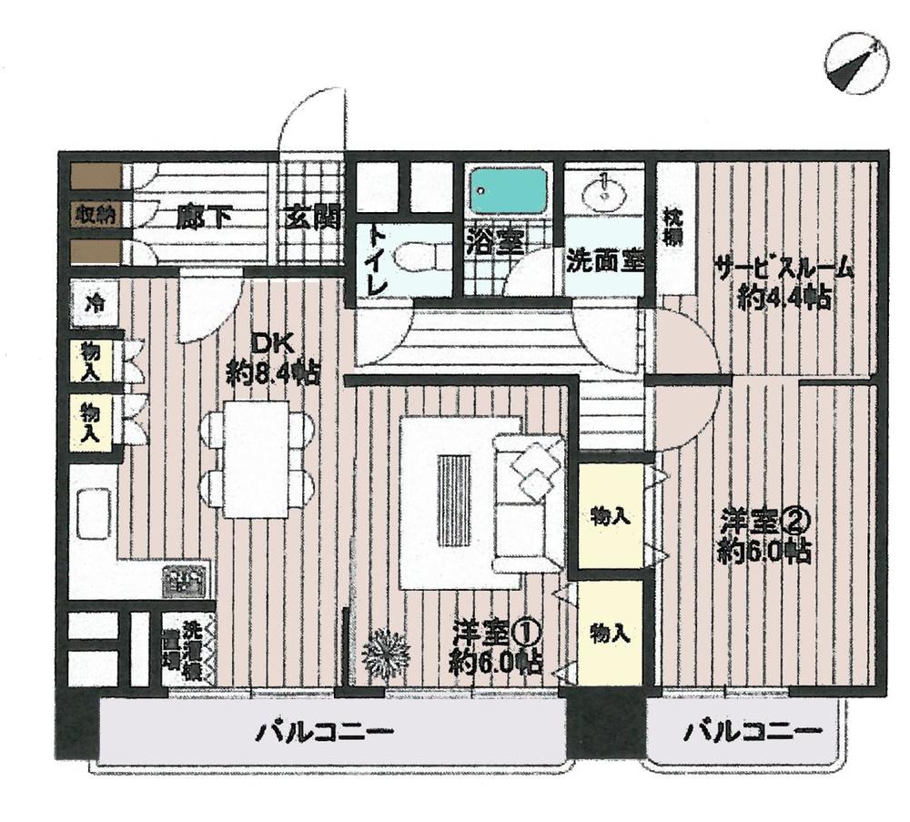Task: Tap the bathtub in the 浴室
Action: point(509,192)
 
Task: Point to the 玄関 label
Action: point(311,218)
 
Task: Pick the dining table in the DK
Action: point(257,459)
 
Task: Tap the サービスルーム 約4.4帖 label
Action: point(783,282)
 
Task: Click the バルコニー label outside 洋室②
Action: point(753,730)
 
